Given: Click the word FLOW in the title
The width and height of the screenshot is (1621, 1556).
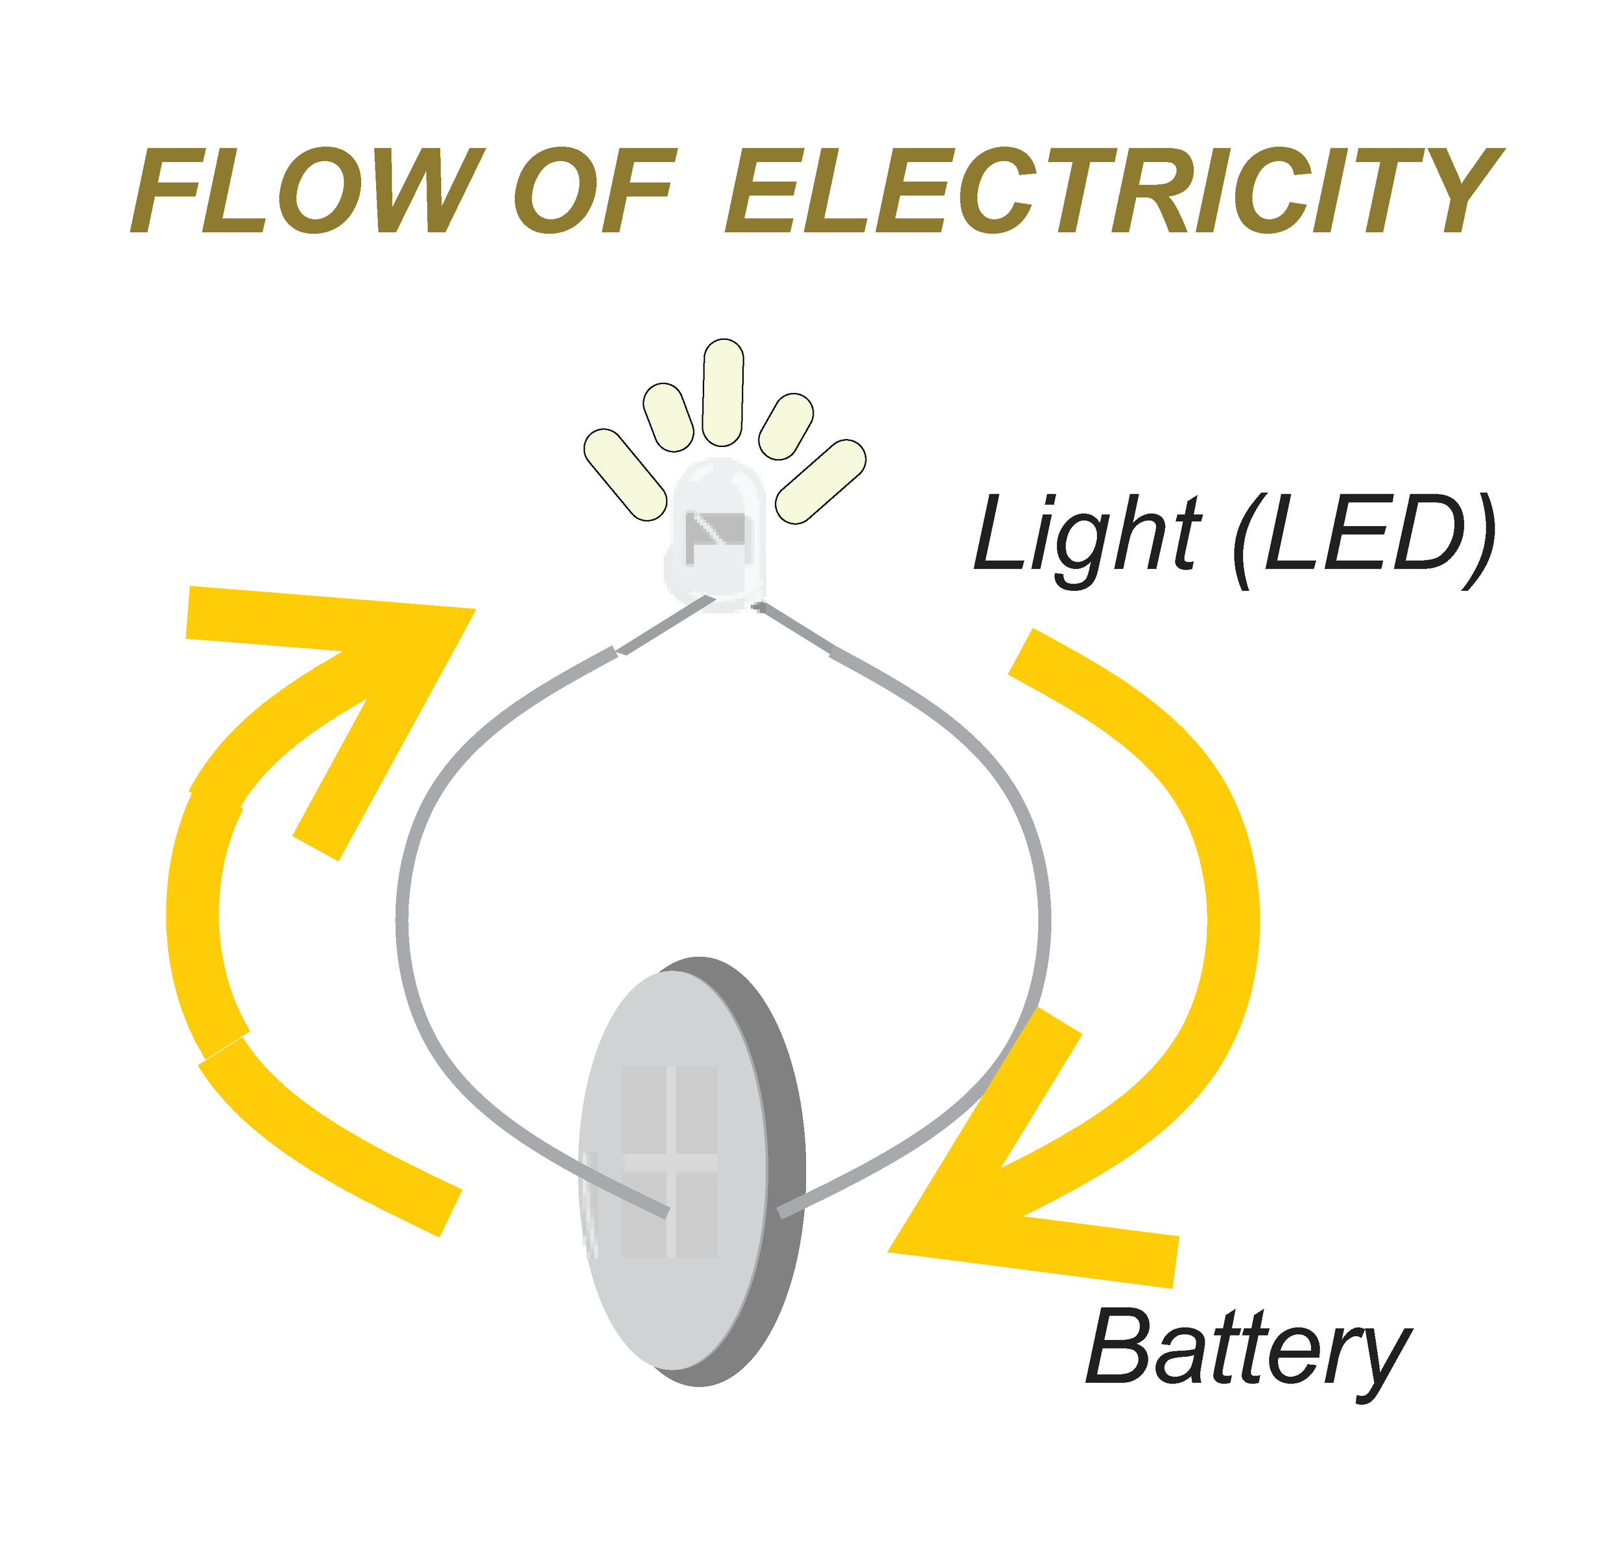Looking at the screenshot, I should (x=306, y=191).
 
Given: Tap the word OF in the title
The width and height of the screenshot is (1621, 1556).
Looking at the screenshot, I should (x=595, y=191).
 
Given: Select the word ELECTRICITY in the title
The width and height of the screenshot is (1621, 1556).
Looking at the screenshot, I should (x=1113, y=191).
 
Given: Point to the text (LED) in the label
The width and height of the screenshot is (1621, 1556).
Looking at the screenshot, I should (x=1365, y=535).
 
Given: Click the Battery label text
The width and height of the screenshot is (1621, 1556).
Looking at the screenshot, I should (x=1249, y=1351).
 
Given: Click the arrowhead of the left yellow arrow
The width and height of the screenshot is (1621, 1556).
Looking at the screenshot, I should (x=397, y=662).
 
